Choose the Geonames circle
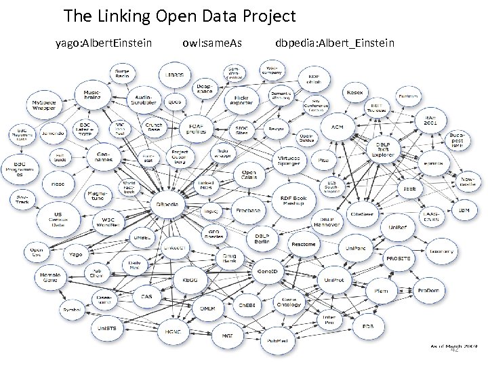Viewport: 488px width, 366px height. pyautogui.click(x=102, y=157)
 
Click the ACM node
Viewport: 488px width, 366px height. pyautogui.click(x=337, y=127)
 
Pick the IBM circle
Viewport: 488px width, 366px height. pyautogui.click(x=464, y=211)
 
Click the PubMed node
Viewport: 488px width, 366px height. pyautogui.click(x=276, y=340)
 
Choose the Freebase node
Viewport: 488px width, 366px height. pyautogui.click(x=249, y=211)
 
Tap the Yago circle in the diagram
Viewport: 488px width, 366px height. pyautogui.click(x=76, y=255)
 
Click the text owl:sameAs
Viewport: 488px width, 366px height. pyautogui.click(x=213, y=44)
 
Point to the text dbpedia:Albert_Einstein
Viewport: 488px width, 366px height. pyautogui.click(x=335, y=44)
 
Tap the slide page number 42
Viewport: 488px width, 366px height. pyautogui.click(x=455, y=350)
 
